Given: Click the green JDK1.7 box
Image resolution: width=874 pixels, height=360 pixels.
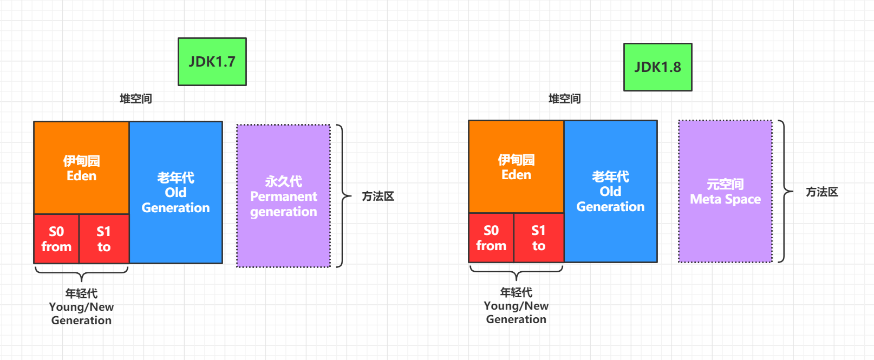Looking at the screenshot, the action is click(212, 62).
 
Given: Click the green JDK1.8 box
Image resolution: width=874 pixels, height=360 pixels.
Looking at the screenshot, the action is click(658, 67).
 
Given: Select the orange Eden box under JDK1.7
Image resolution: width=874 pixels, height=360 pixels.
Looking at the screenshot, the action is click(82, 168).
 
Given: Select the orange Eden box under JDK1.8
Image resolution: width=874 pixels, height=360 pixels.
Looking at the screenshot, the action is click(516, 167).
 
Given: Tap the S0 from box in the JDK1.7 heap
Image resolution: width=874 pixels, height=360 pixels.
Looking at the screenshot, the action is click(56, 239).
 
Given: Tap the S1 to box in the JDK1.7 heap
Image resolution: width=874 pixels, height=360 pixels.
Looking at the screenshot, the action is click(104, 239).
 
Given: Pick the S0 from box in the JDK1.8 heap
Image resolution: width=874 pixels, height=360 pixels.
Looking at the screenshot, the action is click(491, 238).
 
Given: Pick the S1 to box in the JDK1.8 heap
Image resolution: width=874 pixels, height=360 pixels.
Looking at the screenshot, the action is click(539, 238).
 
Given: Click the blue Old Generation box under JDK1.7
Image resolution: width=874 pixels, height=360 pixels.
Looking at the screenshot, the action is click(176, 192).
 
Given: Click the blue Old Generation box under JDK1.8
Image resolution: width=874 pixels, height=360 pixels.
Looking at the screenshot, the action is click(611, 191).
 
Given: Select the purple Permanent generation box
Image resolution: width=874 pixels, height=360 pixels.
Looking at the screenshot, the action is click(284, 196).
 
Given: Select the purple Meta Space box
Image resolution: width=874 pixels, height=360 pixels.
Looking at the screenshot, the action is click(725, 191).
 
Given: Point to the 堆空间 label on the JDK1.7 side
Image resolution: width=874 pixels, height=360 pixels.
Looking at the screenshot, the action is click(136, 99).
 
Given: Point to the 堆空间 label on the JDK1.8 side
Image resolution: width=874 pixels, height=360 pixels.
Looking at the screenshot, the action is click(565, 99).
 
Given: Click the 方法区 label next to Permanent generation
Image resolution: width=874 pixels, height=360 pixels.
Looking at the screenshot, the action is click(378, 196).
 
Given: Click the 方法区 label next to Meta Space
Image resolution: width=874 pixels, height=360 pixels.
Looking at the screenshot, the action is click(822, 192).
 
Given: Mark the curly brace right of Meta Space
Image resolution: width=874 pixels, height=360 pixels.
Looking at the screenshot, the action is click(785, 191).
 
